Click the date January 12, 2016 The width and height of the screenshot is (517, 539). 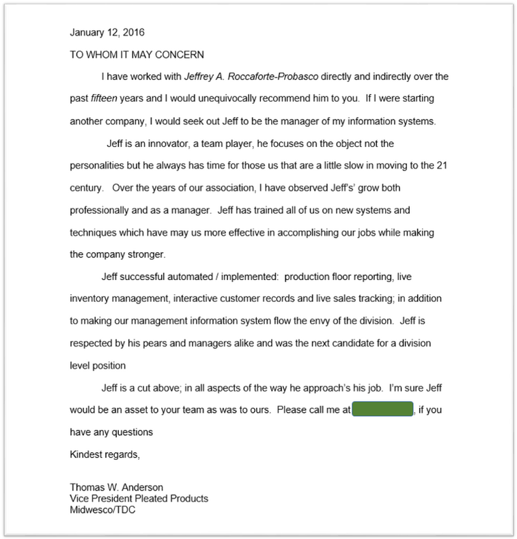tap(107, 32)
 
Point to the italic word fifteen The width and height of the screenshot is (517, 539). tap(106, 98)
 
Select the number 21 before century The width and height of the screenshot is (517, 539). tap(443, 166)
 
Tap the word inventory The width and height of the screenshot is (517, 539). tap(91, 299)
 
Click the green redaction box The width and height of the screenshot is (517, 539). tap(383, 410)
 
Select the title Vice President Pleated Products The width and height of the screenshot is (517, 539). tap(139, 499)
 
